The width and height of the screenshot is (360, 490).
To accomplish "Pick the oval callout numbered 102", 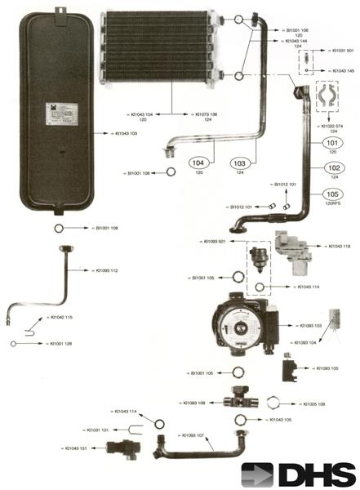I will point(331,168).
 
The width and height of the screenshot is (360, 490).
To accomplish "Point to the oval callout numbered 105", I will point(331,194).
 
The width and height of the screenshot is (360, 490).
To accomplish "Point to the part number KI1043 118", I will point(339,247).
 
